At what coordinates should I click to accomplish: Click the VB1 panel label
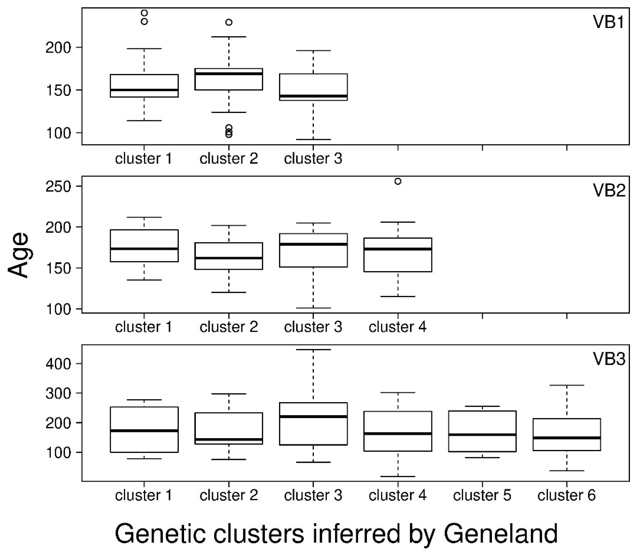click(609, 22)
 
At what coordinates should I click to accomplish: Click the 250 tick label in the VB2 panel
click(58, 186)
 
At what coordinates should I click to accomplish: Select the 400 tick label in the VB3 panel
click(58, 364)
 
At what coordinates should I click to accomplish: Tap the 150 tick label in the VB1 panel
click(58, 90)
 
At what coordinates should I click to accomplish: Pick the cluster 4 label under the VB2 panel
click(397, 327)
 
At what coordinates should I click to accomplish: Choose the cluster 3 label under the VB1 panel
click(313, 159)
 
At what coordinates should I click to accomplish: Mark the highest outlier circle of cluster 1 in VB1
click(144, 13)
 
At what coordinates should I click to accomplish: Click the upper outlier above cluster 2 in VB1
click(229, 22)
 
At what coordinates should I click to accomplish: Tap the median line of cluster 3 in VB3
click(313, 416)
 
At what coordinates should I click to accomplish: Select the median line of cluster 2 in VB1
click(229, 74)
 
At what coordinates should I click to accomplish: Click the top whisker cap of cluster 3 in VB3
click(313, 350)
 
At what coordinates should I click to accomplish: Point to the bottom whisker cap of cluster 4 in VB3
click(398, 476)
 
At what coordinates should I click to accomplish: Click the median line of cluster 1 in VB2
click(144, 249)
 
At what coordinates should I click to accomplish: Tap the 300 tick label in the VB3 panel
click(58, 393)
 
